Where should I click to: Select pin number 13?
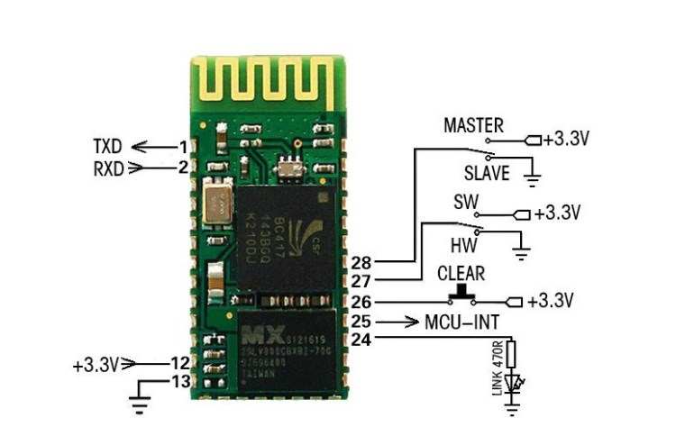point(179,382)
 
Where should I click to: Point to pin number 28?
point(361,262)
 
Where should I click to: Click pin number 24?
point(360,339)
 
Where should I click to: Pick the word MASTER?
point(473,125)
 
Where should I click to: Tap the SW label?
point(465,201)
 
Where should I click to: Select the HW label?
point(461,244)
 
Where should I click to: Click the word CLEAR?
point(461,273)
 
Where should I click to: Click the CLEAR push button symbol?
point(462,294)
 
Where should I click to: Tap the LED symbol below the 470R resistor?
point(514,384)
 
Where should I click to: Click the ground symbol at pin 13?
point(141,396)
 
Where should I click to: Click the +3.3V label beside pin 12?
point(96,365)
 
